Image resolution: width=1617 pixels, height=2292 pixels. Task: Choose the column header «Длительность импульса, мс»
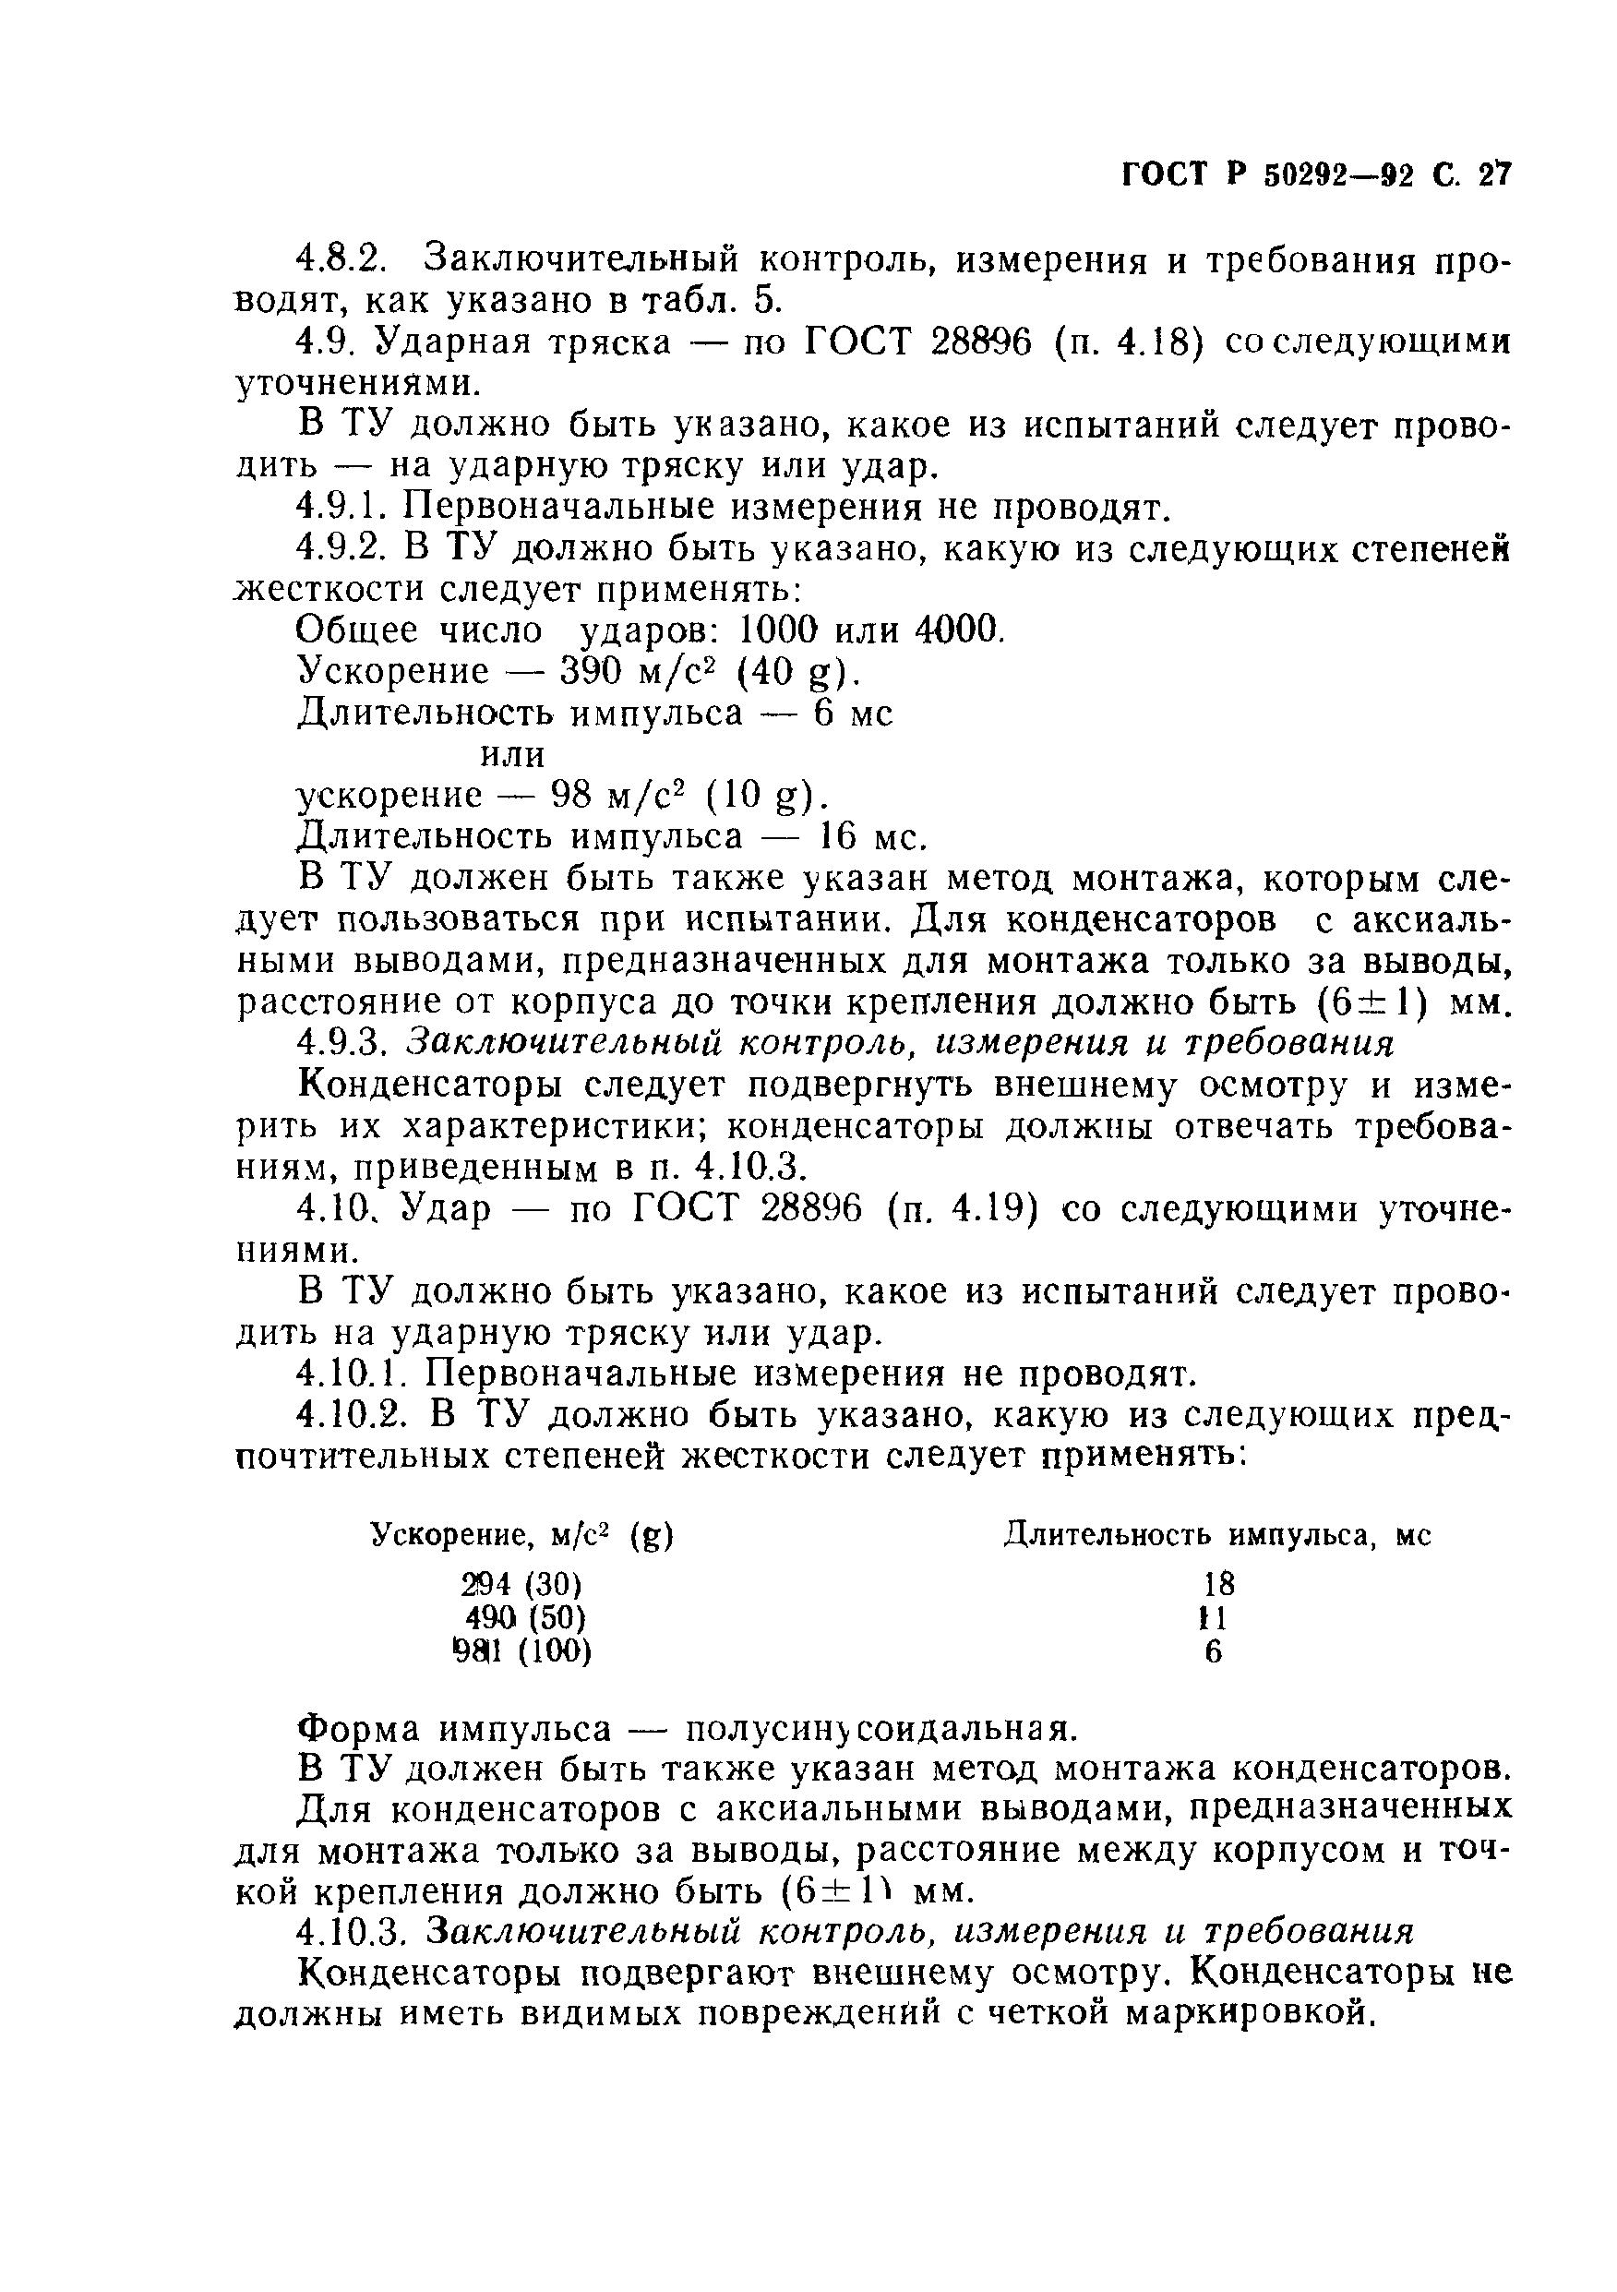(x=1216, y=1535)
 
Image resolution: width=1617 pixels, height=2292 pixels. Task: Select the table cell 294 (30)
(x=521, y=1584)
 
